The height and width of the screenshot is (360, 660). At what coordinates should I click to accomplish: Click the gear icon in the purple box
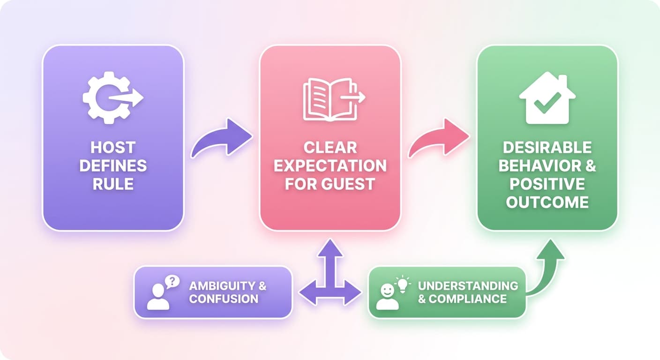[110, 98]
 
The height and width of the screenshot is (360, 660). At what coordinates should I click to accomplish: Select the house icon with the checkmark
[547, 98]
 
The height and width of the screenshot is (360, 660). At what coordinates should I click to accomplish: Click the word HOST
[113, 147]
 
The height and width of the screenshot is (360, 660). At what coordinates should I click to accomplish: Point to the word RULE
[113, 184]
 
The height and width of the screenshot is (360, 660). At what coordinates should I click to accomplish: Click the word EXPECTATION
[330, 166]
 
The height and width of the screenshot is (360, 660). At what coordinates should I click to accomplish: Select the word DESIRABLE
[547, 147]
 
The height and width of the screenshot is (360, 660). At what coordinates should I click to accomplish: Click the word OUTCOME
[547, 202]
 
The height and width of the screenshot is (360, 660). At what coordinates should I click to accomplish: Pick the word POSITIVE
[547, 184]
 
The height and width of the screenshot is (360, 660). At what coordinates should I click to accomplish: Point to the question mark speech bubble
[172, 282]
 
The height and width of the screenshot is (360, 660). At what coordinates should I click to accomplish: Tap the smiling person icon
[388, 297]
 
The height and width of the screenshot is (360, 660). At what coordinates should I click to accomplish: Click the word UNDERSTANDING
[468, 286]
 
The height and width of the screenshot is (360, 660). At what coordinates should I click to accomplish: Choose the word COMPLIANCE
[468, 299]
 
